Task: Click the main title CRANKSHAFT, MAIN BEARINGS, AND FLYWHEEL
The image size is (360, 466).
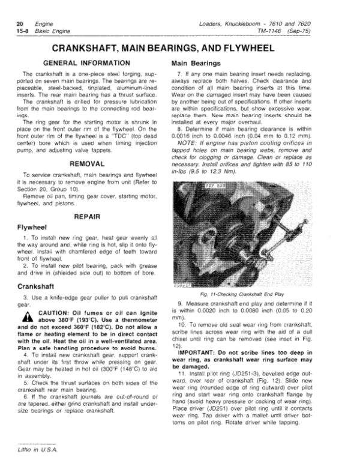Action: (x=180, y=48)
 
